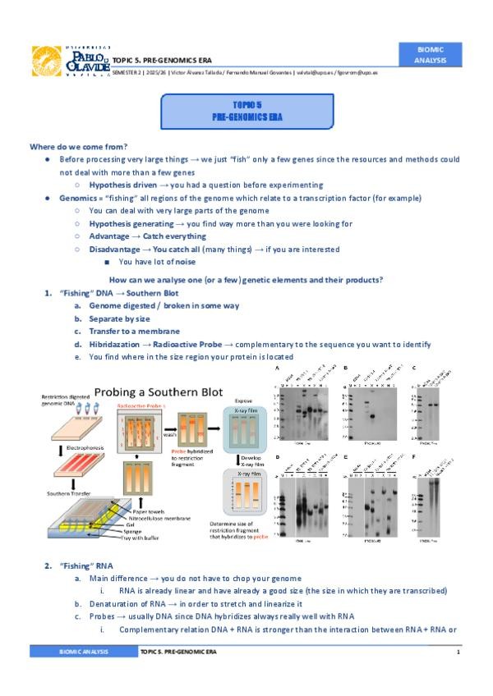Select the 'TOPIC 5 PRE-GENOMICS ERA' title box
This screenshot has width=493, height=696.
tap(246, 112)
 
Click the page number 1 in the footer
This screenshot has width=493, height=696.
tap(458, 651)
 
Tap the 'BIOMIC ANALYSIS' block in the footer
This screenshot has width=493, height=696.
tap(82, 651)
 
